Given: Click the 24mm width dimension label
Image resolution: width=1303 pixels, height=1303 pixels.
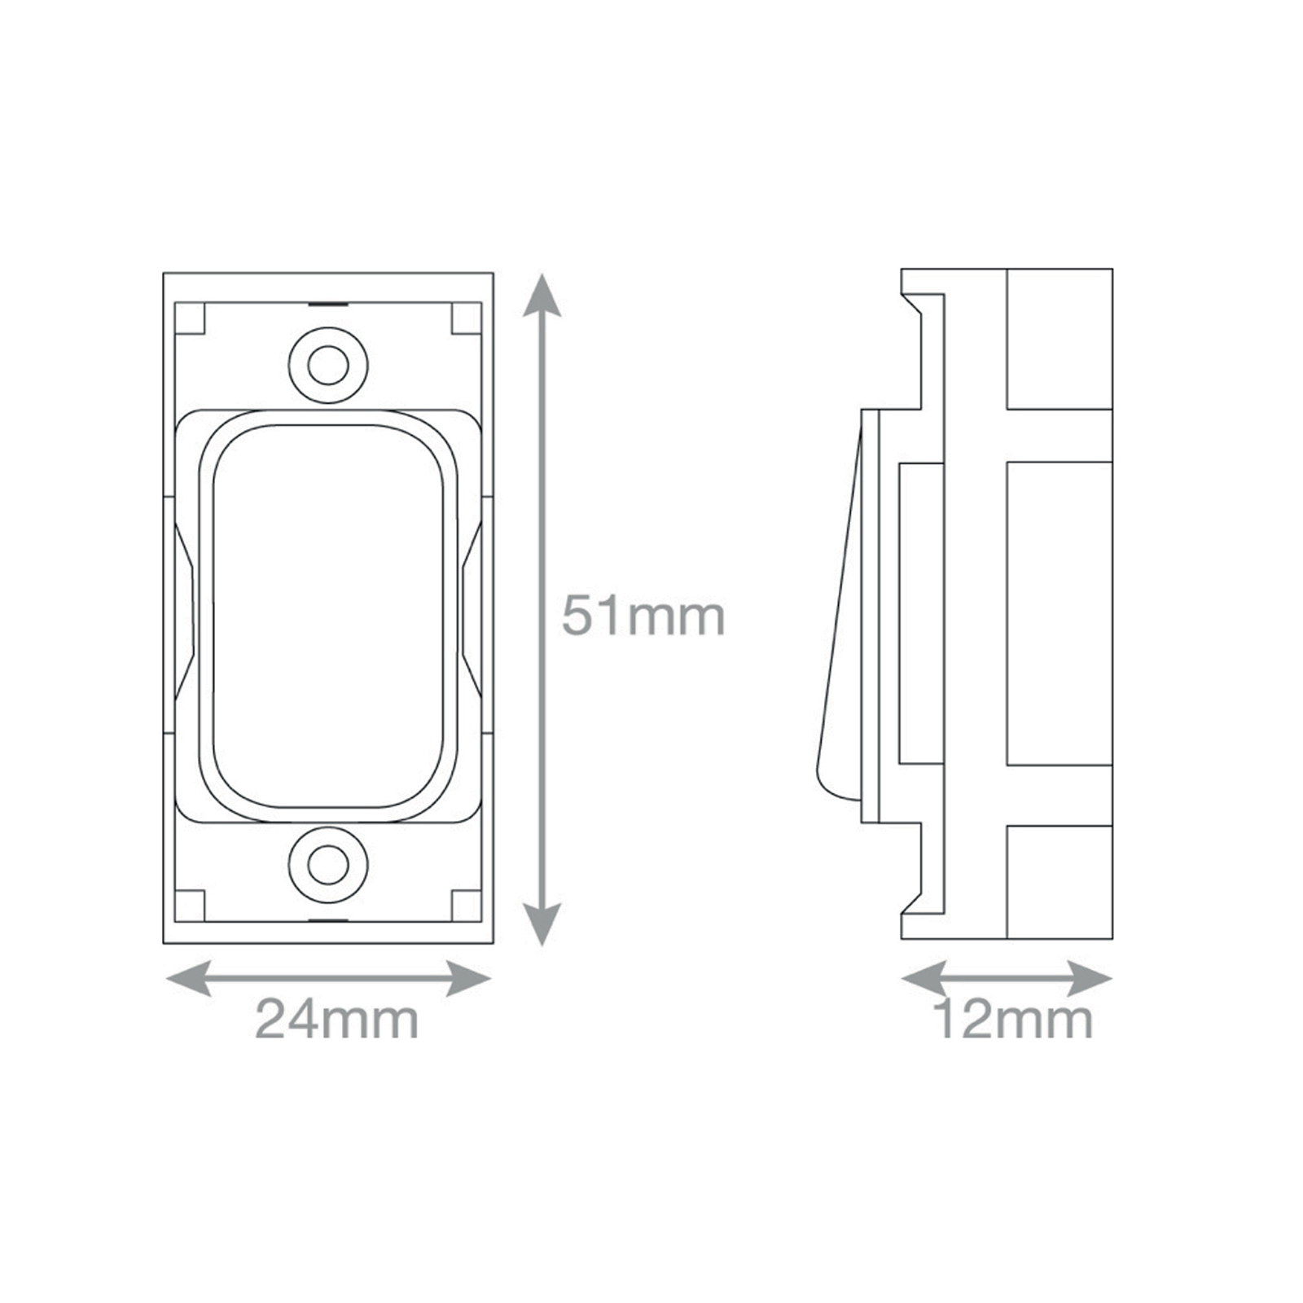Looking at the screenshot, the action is (337, 1019).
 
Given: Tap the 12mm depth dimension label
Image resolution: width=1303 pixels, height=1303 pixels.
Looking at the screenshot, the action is (1013, 1019).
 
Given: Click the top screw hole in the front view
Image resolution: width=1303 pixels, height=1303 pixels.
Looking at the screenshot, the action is (328, 365).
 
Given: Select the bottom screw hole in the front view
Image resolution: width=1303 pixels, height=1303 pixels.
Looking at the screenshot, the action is (328, 866).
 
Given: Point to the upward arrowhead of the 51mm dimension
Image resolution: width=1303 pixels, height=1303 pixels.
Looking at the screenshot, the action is (542, 295).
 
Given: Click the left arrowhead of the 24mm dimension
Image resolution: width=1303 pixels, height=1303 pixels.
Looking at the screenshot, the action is (188, 978).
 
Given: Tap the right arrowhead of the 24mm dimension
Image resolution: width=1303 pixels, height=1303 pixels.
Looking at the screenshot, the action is (468, 978).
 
